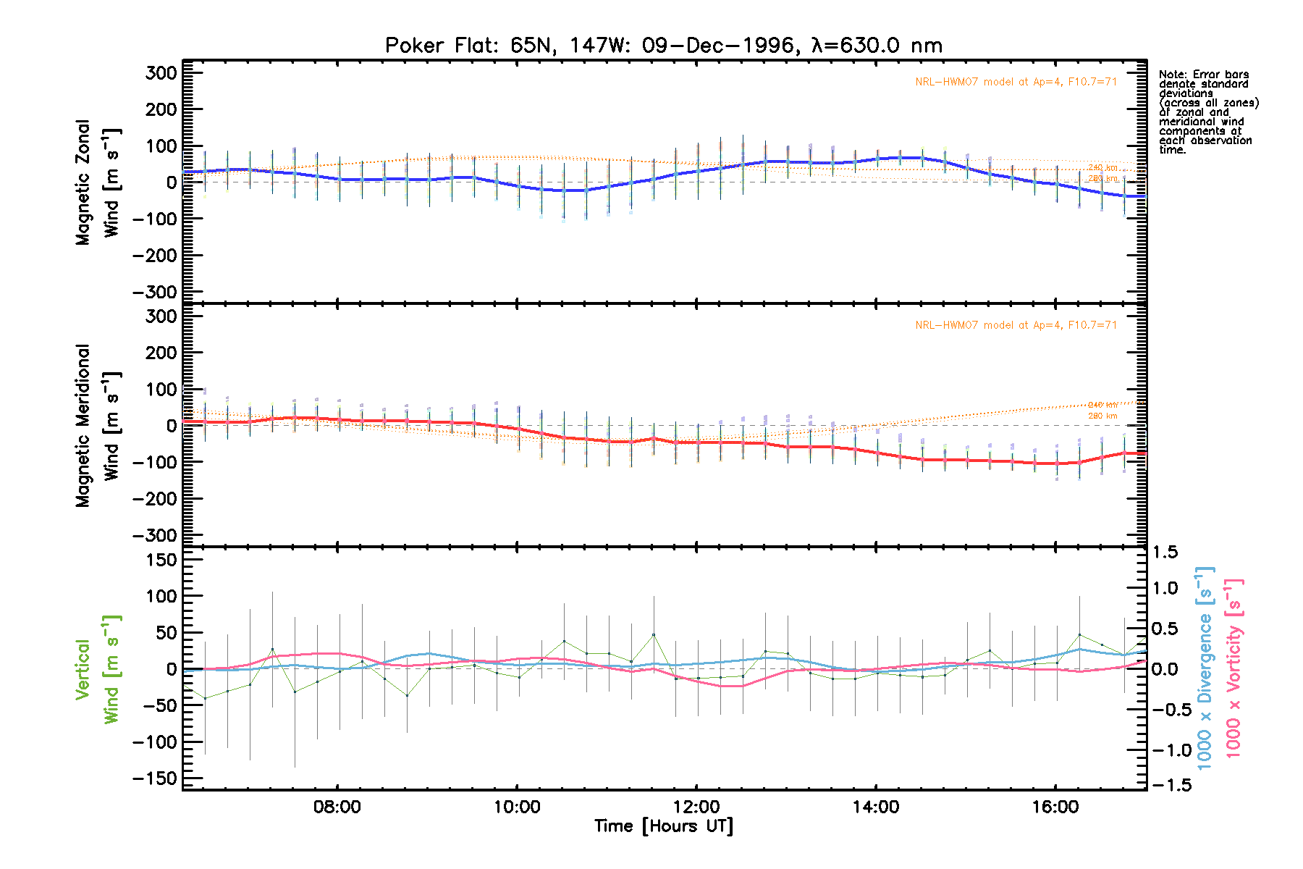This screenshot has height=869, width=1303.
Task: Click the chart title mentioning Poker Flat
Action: pyautogui.click(x=663, y=46)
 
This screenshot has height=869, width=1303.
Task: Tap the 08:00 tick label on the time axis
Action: pyautogui.click(x=337, y=807)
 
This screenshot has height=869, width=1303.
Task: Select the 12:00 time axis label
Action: pyautogui.click(x=696, y=807)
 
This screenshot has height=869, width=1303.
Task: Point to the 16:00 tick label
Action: pyautogui.click(x=1055, y=807)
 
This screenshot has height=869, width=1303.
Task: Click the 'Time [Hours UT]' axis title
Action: pyautogui.click(x=663, y=826)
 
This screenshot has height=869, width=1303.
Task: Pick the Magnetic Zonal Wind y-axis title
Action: pyautogui.click(x=97, y=182)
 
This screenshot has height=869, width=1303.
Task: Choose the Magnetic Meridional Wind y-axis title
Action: pyautogui.click(x=97, y=426)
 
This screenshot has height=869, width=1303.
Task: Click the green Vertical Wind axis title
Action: pyautogui.click(x=97, y=669)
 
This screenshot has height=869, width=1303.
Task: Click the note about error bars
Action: pyautogui.click(x=1208, y=112)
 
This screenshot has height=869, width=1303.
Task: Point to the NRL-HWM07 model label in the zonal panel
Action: pyautogui.click(x=1016, y=82)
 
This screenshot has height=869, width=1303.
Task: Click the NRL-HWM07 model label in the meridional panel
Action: pyautogui.click(x=1016, y=325)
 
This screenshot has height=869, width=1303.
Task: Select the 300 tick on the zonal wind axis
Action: pyautogui.click(x=161, y=73)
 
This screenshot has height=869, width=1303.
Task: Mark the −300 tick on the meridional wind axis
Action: pyautogui.click(x=155, y=535)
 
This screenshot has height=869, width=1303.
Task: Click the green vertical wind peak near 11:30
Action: pyautogui.click(x=654, y=634)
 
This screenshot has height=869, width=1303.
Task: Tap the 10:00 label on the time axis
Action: pyautogui.click(x=517, y=807)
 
